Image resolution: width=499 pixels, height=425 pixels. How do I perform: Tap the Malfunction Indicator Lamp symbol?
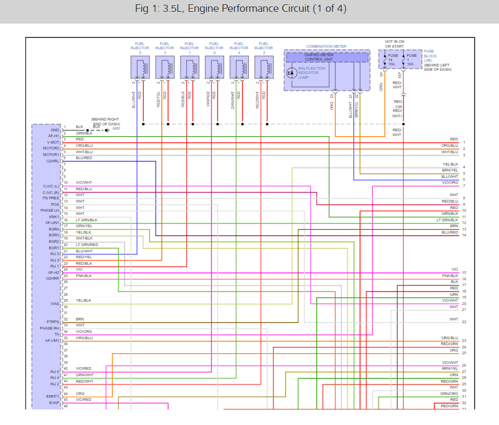(291, 72)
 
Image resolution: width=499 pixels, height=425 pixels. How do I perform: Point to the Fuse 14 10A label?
(393, 59)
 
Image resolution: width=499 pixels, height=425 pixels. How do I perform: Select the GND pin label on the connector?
(55, 130)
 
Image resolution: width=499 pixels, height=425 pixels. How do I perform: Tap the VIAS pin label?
(54, 303)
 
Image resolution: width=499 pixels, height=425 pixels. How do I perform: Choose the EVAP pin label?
(54, 402)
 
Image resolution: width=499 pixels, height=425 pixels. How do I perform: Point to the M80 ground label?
(116, 129)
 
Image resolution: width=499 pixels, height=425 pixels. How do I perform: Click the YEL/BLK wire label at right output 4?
(450, 165)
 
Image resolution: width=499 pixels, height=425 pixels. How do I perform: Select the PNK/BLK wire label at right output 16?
(450, 275)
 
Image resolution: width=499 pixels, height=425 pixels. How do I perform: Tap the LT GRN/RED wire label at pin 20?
(87, 244)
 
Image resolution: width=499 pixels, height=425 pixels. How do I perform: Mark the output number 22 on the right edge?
(464, 322)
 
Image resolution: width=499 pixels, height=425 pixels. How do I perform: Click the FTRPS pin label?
(52, 322)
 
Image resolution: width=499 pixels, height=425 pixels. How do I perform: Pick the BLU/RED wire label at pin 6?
(84, 158)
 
